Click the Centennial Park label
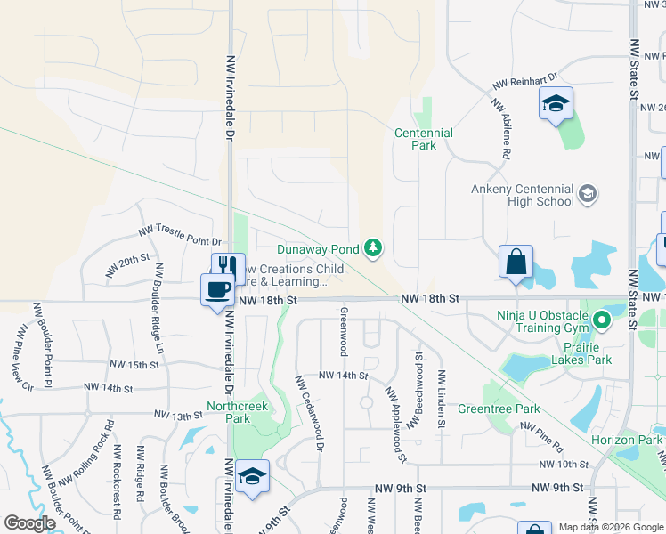[x=424, y=139]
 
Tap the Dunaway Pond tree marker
[x=376, y=248]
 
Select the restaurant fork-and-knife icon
[x=227, y=266]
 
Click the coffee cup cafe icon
[x=217, y=289]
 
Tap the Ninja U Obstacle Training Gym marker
[x=602, y=320]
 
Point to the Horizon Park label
[x=627, y=441]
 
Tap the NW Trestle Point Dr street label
[x=178, y=231]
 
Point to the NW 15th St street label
[x=133, y=365]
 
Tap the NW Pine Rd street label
[x=550, y=439]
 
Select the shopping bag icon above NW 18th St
[x=516, y=262]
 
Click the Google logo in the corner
[x=29, y=523]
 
